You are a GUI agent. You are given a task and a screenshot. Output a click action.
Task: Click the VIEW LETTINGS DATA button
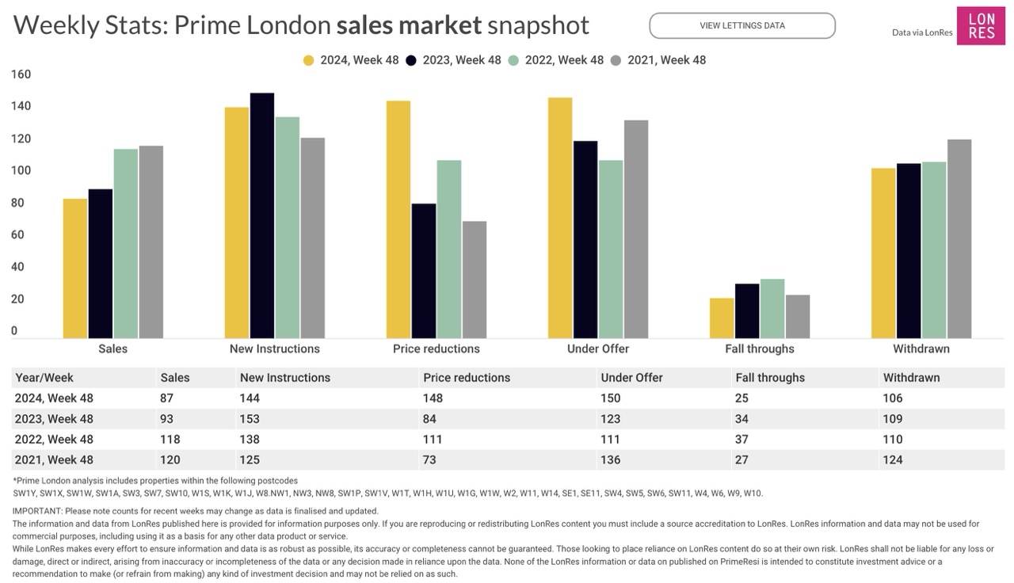(742, 25)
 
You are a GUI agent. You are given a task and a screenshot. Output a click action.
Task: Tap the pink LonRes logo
(981, 26)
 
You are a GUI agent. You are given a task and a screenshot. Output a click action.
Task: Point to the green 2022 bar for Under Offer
(611, 249)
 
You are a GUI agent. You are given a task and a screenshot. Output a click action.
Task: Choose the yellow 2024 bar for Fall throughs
(722, 318)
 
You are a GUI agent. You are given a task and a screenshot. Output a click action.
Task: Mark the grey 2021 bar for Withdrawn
(959, 238)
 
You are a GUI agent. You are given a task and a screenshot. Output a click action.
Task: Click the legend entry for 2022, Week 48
(555, 60)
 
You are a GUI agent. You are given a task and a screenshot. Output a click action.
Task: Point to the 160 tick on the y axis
(21, 74)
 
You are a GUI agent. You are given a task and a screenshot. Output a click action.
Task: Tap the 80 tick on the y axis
(18, 203)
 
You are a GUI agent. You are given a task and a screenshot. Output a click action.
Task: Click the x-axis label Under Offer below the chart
(598, 349)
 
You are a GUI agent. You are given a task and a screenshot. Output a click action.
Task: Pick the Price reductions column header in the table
(467, 378)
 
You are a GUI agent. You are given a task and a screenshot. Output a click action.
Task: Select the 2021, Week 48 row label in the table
(54, 459)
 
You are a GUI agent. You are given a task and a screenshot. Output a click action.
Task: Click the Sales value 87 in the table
(166, 398)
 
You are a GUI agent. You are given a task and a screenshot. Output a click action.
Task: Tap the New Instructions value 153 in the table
(250, 419)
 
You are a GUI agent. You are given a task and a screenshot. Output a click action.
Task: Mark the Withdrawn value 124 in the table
(893, 459)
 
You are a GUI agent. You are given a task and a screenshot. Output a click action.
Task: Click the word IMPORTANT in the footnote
(37, 511)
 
